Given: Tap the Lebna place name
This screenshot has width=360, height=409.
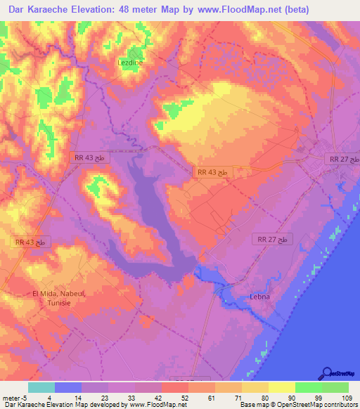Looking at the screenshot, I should point(260,297).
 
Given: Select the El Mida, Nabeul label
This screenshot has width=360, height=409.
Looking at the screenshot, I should point(57,294).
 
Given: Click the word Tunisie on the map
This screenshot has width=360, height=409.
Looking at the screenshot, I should point(57,304).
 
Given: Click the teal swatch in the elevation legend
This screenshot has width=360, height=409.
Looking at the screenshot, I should point(41,387).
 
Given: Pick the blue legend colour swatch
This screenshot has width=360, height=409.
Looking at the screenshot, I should point(68,387).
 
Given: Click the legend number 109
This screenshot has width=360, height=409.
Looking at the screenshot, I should point(335,398).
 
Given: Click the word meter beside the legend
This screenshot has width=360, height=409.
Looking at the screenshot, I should point(9,398).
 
